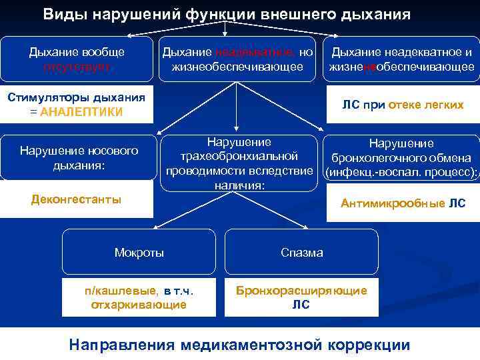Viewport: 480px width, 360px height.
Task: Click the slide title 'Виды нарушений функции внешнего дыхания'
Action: click(x=227, y=14)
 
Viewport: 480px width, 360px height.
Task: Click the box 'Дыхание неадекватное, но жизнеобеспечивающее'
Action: click(x=237, y=59)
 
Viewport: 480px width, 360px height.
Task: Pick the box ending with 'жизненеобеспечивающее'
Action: click(x=401, y=59)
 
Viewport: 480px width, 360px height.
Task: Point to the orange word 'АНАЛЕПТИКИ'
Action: click(x=81, y=111)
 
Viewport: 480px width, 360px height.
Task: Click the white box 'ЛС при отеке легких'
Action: click(x=403, y=105)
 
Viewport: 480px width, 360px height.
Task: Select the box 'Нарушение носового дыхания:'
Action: click(x=79, y=157)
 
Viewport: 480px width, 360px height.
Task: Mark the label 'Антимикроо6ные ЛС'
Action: click(x=403, y=203)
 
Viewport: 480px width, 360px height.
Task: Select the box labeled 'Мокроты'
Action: click(x=139, y=253)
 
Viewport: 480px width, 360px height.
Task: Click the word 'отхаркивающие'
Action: click(x=139, y=305)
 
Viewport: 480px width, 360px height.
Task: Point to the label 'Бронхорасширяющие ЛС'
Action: click(x=301, y=297)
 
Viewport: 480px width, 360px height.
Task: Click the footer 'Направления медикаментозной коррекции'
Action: click(x=239, y=344)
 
